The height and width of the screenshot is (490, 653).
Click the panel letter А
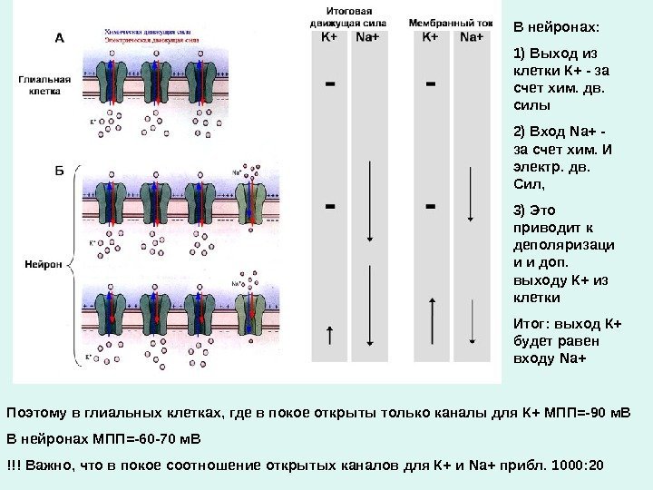coord(60,39)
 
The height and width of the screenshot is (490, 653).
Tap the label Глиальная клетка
coord(41,84)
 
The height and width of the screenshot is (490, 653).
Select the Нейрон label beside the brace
coord(42,265)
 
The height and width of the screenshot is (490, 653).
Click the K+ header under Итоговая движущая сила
coord(330,37)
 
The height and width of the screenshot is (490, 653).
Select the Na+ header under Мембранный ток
coord(471,37)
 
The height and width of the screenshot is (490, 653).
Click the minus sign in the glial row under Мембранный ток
coord(430,84)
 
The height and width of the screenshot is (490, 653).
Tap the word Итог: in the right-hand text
coord(531,324)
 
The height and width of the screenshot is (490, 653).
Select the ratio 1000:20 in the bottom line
coord(578,465)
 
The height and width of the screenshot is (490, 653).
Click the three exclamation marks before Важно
coord(14,465)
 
